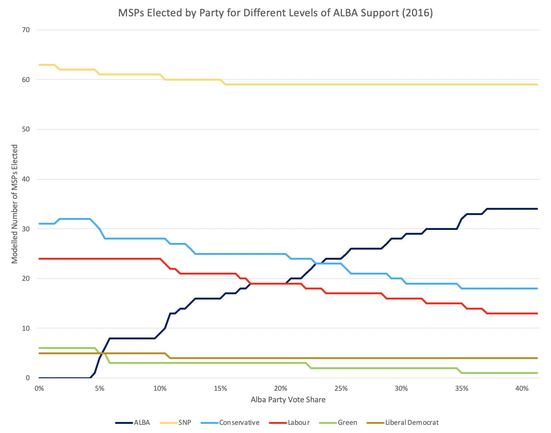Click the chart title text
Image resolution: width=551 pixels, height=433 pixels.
click(x=275, y=13)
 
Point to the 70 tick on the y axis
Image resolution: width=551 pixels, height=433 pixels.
click(x=25, y=30)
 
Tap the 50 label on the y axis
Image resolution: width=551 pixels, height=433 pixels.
click(x=25, y=130)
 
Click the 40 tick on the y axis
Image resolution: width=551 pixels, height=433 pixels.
click(x=25, y=180)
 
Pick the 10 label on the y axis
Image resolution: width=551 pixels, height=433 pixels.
click(x=25, y=328)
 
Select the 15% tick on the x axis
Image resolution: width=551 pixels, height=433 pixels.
click(x=220, y=388)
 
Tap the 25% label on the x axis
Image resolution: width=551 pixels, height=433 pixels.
click(x=341, y=388)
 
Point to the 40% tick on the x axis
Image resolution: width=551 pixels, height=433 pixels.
click(x=522, y=388)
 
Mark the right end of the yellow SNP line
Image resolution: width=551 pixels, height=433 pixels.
click(x=537, y=84)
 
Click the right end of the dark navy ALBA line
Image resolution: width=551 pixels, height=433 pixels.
click(x=537, y=209)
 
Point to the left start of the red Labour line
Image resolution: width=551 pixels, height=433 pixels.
click(x=39, y=259)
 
